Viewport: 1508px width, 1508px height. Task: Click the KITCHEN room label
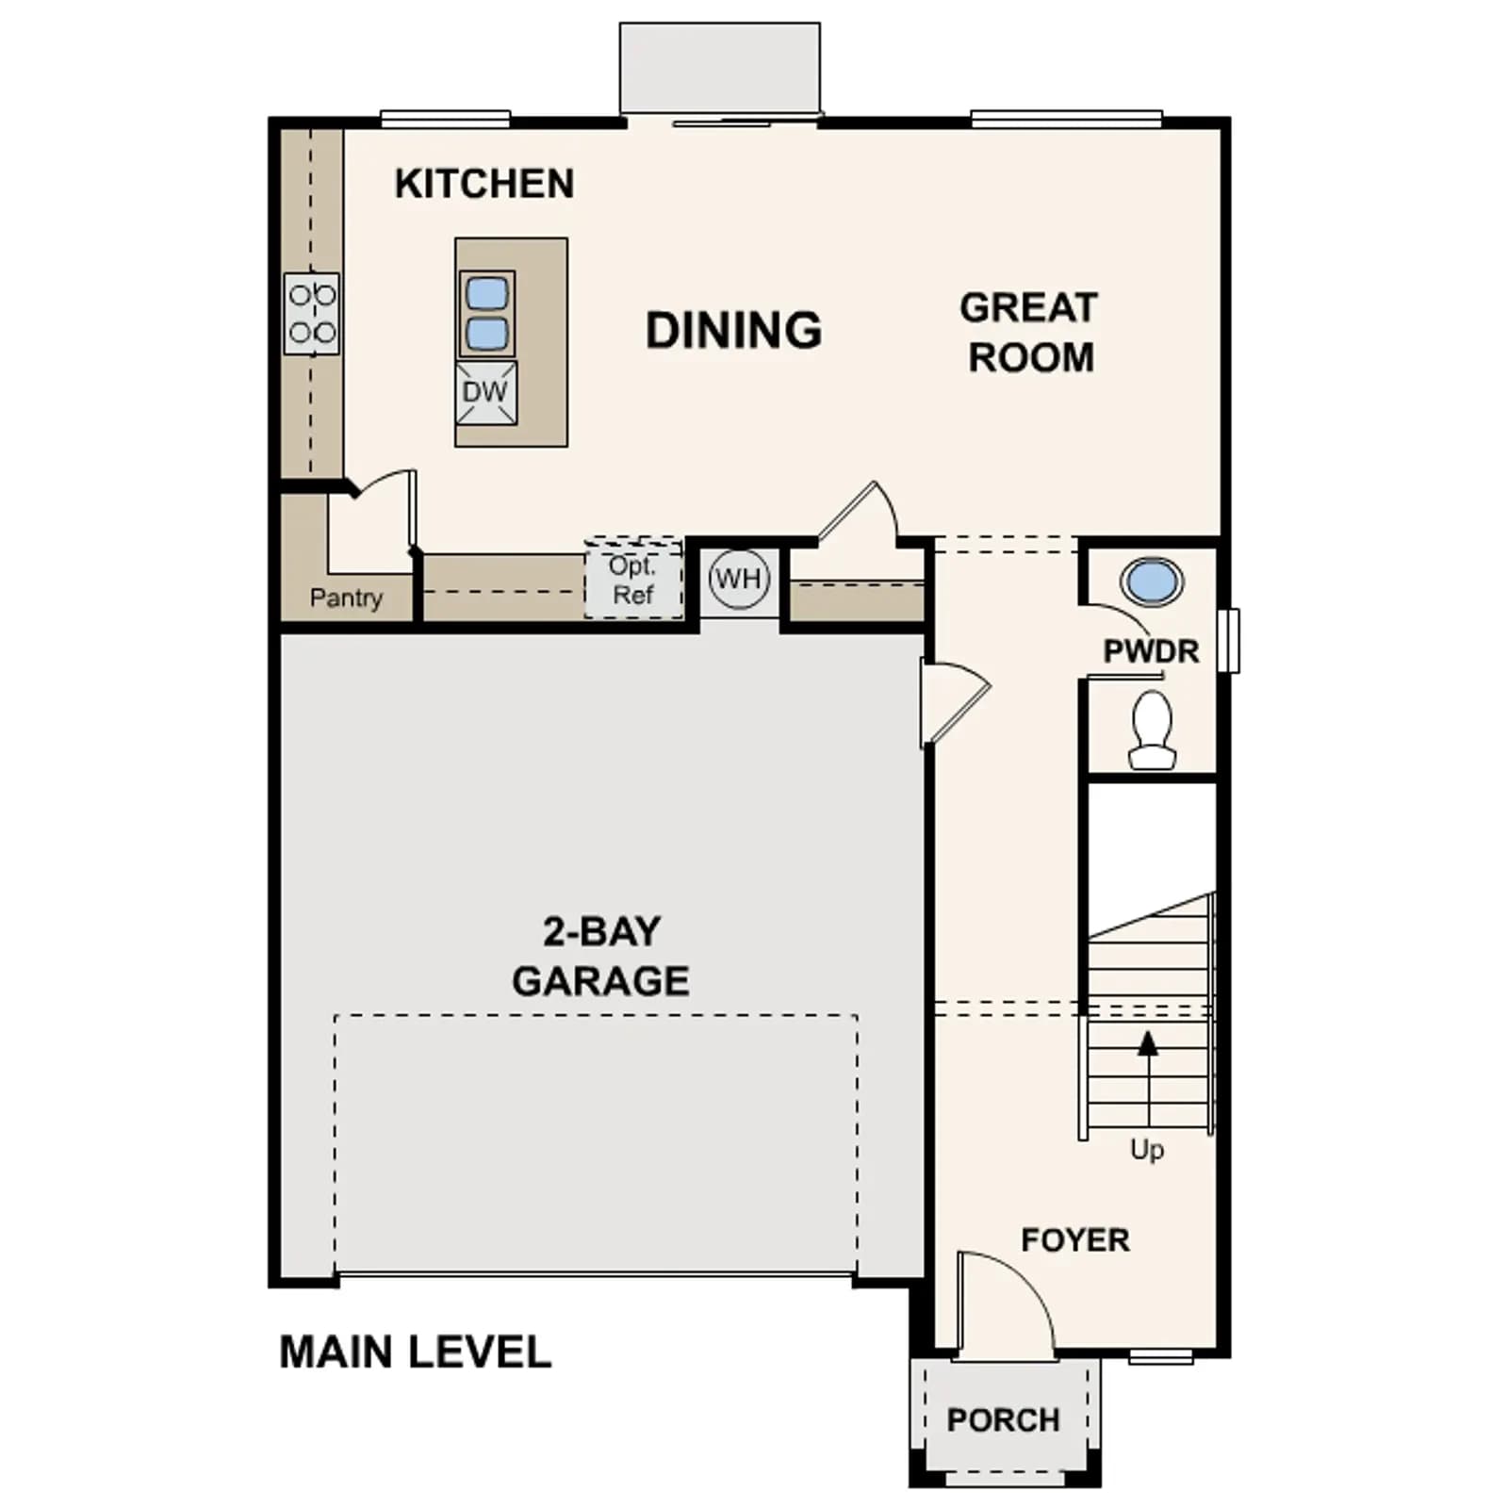(484, 184)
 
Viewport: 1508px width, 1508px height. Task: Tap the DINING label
(733, 330)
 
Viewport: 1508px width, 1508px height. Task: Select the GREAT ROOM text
(1030, 333)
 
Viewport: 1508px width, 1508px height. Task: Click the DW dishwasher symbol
(486, 391)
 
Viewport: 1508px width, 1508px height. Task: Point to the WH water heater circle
(739, 579)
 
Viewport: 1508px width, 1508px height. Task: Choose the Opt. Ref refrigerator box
(633, 580)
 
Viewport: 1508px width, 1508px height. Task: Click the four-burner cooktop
(312, 314)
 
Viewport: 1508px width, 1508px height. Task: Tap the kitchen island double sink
(486, 314)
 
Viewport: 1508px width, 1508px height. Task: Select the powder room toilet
(1151, 729)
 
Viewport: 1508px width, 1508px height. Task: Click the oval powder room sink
(1152, 582)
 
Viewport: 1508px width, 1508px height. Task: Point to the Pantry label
(346, 598)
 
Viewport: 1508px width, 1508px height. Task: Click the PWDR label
(1151, 651)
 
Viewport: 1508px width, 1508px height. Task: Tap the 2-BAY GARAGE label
(600, 956)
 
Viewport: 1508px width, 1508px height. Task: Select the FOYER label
(1075, 1239)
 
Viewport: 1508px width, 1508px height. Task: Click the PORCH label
(1004, 1420)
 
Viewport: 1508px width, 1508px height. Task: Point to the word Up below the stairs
(1147, 1150)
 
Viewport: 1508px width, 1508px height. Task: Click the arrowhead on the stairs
(1147, 1042)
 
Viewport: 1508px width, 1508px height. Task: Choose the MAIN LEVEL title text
(415, 1352)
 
